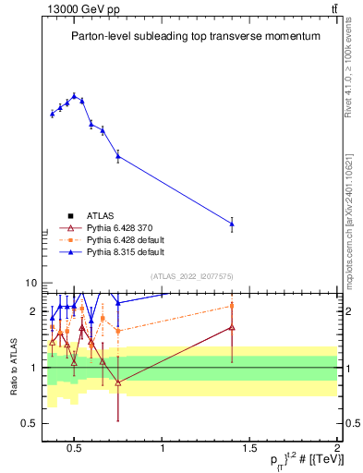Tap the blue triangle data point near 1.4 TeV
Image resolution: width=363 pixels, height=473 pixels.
click(232, 223)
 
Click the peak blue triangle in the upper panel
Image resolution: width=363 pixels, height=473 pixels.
click(75, 95)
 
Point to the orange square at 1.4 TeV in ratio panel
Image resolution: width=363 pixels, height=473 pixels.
click(232, 306)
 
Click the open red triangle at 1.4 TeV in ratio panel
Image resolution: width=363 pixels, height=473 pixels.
click(232, 327)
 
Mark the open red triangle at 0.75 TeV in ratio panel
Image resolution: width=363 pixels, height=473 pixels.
click(118, 382)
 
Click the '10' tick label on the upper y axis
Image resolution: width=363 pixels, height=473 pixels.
click(30, 284)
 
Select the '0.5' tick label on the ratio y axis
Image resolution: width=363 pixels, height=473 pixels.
click(29, 423)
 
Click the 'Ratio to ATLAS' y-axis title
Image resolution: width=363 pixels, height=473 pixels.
click(13, 369)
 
